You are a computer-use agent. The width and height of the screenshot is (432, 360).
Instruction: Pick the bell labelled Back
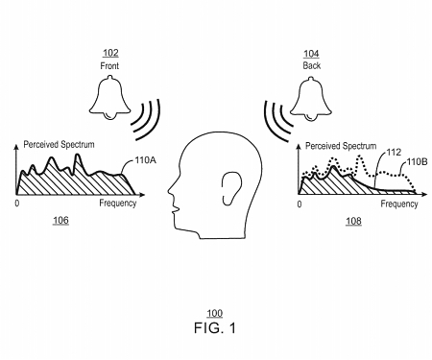point(310,99)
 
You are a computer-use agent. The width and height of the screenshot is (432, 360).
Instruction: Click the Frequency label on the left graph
point(117,204)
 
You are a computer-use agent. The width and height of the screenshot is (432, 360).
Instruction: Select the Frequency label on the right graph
point(398,204)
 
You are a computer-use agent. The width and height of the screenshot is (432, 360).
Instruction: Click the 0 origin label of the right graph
point(300,204)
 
